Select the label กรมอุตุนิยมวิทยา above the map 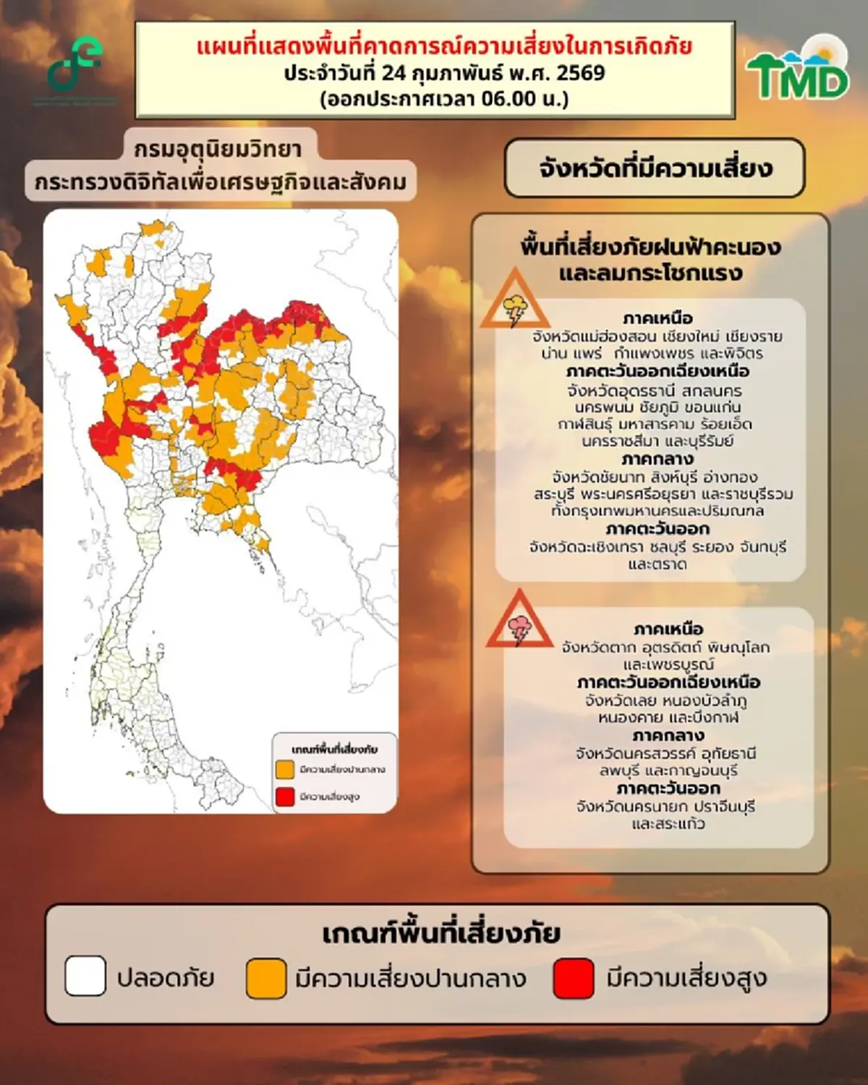click(218, 149)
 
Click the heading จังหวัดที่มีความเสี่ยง click(655, 169)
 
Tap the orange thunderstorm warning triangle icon click(516, 302)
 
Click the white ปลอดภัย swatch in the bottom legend click(85, 977)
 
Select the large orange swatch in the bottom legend click(266, 977)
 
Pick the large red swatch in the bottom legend click(574, 977)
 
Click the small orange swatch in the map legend click(285, 769)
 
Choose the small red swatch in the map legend click(285, 796)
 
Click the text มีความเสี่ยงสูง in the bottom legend click(686, 979)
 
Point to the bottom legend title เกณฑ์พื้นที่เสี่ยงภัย click(441, 933)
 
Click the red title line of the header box click(444, 46)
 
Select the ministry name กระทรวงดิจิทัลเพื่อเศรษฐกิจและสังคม click(221, 182)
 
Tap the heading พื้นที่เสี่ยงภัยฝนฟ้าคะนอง click(650, 247)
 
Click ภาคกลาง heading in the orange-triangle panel click(657, 459)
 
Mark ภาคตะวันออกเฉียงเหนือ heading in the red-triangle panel click(668, 682)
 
